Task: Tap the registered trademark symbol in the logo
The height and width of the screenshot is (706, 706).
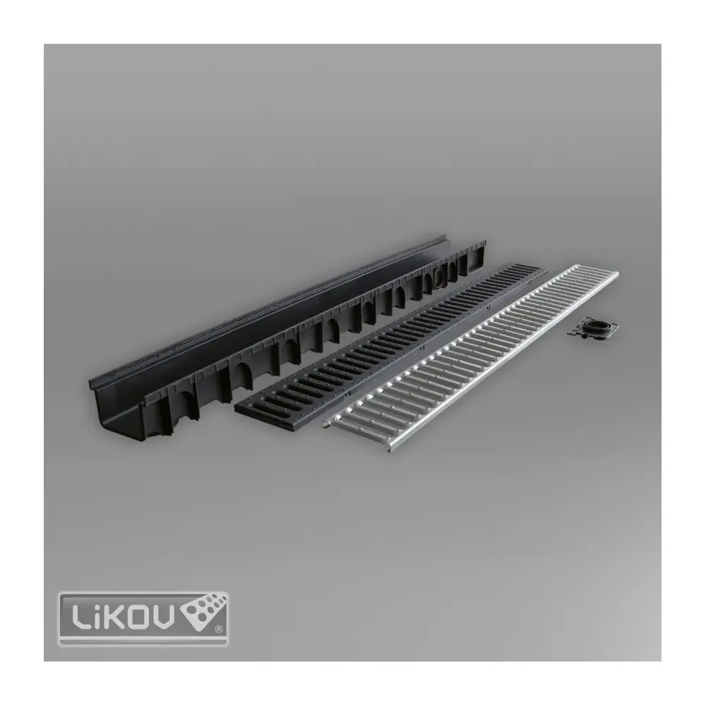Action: tap(219, 629)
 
